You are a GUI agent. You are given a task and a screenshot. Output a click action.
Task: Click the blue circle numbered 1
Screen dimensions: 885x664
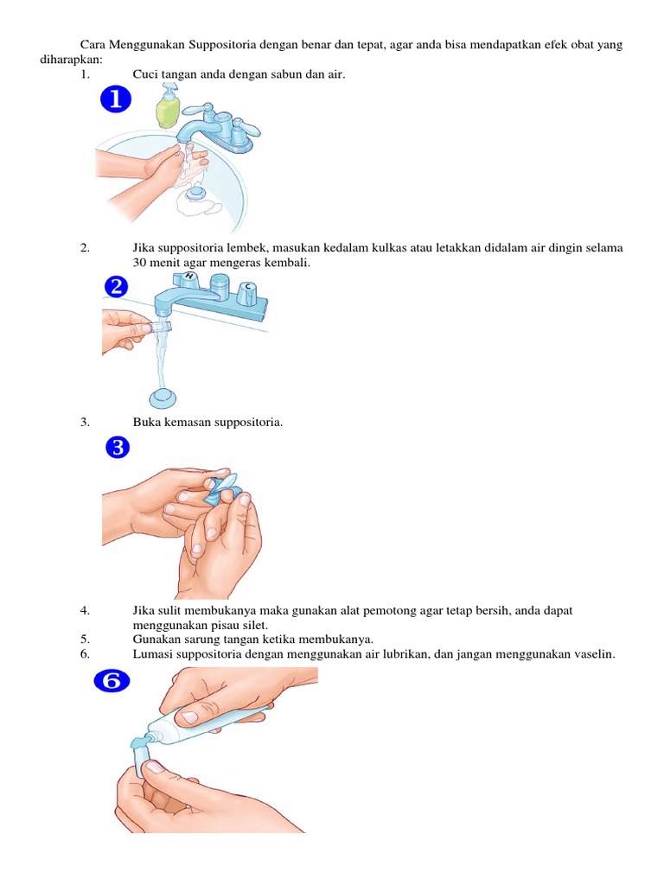click(x=116, y=102)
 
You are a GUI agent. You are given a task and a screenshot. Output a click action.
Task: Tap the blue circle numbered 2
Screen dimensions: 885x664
click(x=116, y=286)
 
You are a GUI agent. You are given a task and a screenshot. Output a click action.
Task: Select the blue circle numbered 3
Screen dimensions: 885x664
click(x=117, y=448)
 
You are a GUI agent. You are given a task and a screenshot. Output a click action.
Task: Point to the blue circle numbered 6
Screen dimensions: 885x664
click(x=112, y=682)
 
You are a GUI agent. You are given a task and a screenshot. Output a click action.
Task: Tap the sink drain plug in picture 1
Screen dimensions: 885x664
click(x=198, y=194)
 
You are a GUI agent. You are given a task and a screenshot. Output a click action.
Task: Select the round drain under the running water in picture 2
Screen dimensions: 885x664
click(x=162, y=398)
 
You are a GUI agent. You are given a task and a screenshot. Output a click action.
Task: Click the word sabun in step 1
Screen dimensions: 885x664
click(x=290, y=75)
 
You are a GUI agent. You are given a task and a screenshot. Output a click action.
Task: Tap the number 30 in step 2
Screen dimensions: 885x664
click(x=140, y=263)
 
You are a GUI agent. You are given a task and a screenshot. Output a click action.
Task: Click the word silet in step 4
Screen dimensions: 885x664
click(x=256, y=625)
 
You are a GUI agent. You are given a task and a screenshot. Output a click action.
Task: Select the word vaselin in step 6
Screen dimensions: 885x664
click(x=591, y=654)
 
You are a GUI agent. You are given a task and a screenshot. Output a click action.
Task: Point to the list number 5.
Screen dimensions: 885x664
click(x=85, y=640)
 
